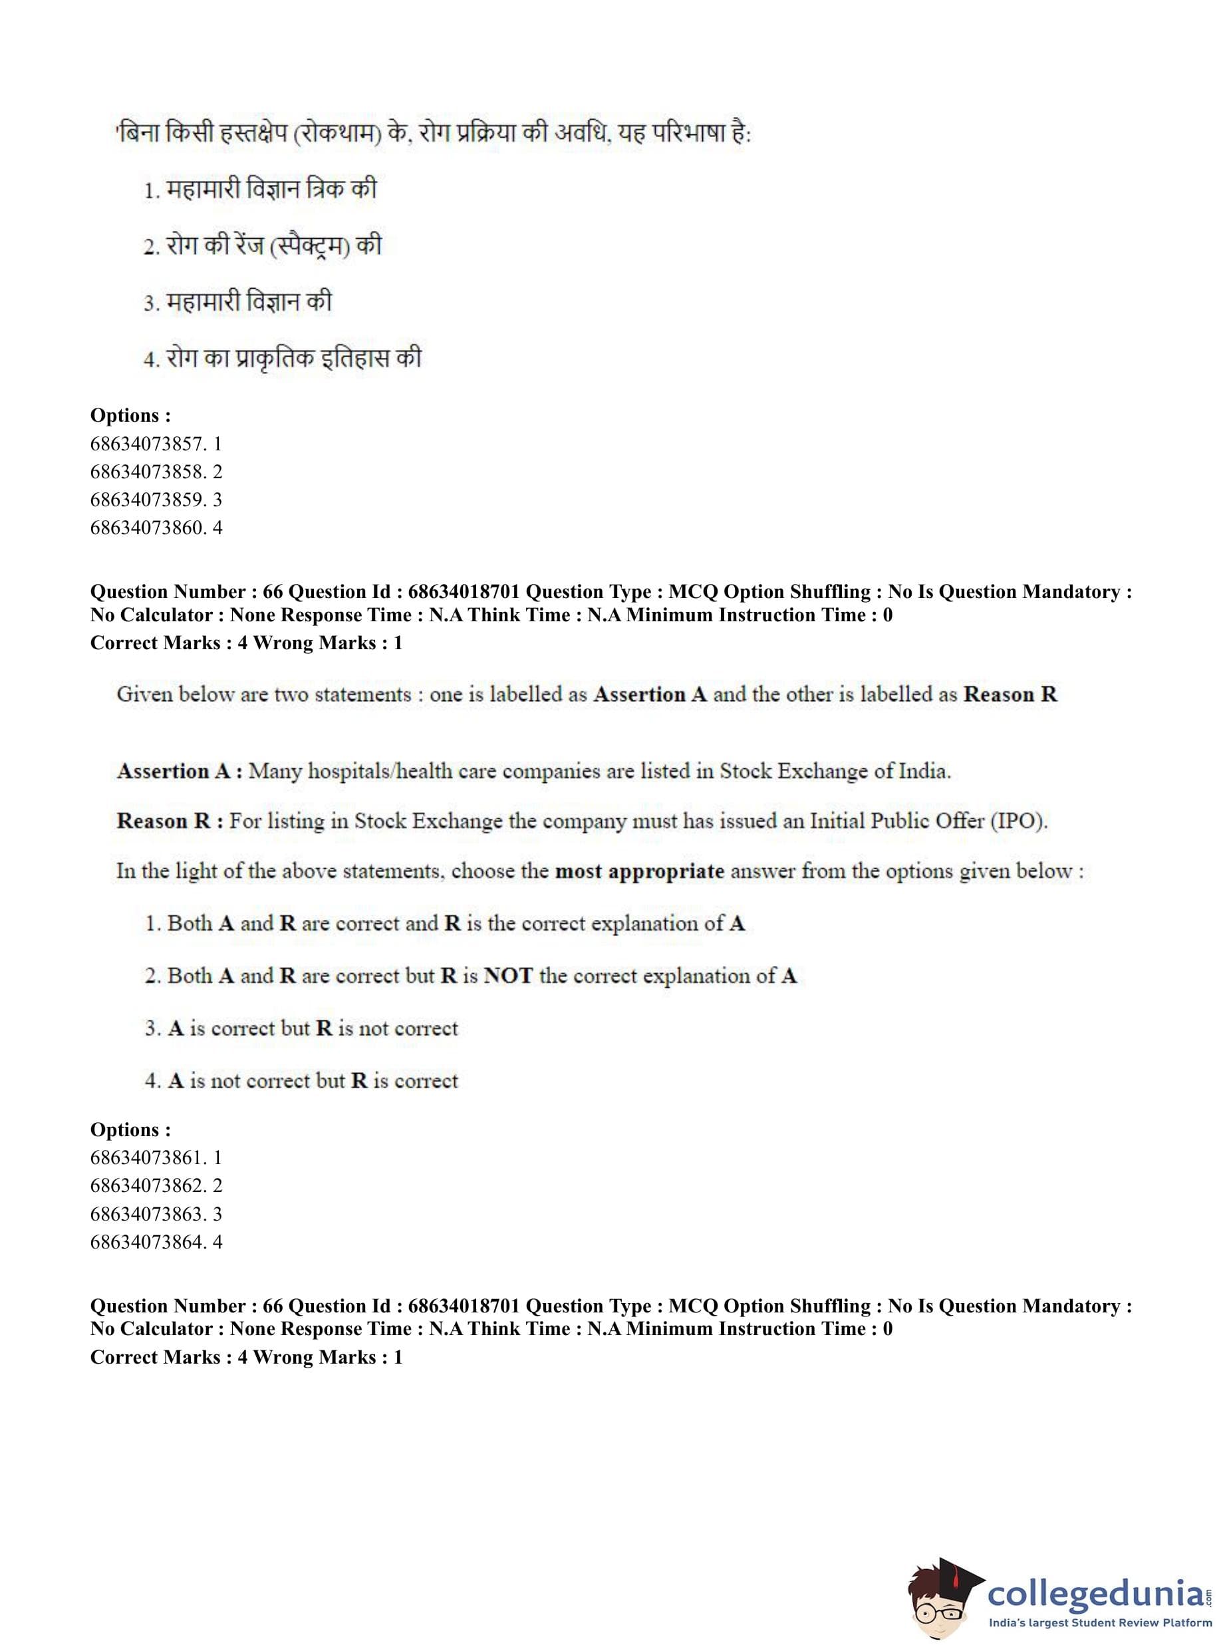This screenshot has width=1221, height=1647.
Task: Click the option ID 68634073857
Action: [155, 444]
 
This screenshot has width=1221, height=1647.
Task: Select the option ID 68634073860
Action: [155, 527]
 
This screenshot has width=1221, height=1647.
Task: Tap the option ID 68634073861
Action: [155, 1157]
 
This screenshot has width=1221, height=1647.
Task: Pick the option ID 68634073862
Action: [155, 1186]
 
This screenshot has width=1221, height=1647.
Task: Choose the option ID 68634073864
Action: [155, 1242]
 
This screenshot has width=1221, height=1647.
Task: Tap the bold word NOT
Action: [508, 976]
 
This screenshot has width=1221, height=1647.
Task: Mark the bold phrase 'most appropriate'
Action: [639, 871]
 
